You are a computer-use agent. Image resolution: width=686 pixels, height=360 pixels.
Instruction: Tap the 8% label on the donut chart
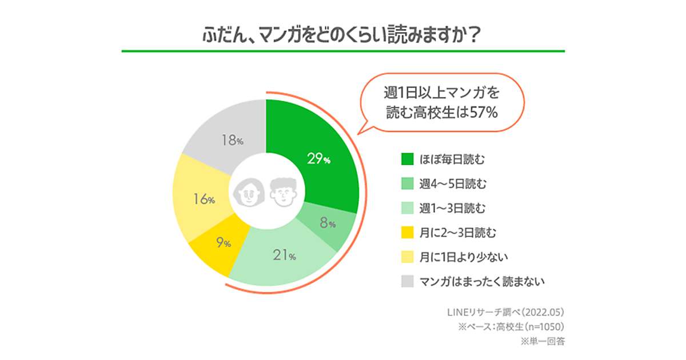328,224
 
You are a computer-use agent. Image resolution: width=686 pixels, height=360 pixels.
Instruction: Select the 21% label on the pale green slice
284,255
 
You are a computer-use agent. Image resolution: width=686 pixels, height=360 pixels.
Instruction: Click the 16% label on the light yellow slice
204,199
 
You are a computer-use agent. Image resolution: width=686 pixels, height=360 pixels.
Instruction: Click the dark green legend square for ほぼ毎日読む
407,158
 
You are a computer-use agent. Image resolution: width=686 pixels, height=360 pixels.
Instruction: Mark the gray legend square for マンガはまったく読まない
407,281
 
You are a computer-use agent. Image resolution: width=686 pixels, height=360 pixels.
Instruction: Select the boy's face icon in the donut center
283,192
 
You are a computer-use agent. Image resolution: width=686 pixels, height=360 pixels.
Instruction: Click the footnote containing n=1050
512,327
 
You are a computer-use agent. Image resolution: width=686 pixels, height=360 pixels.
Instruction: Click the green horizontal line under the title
343,51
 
